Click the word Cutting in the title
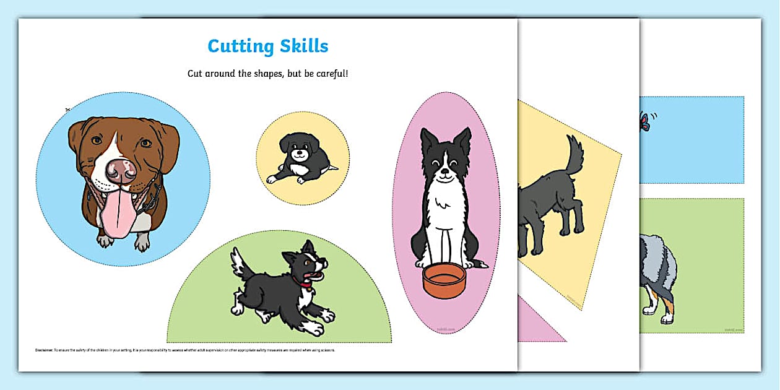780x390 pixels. pyautogui.click(x=238, y=46)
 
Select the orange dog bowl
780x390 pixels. pyautogui.click(x=443, y=280)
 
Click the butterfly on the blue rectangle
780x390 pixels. pyautogui.click(x=646, y=122)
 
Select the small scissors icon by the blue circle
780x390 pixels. pyautogui.click(x=67, y=110)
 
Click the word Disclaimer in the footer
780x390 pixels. pyautogui.click(x=45, y=350)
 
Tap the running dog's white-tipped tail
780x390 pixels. pyautogui.click(x=238, y=261)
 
